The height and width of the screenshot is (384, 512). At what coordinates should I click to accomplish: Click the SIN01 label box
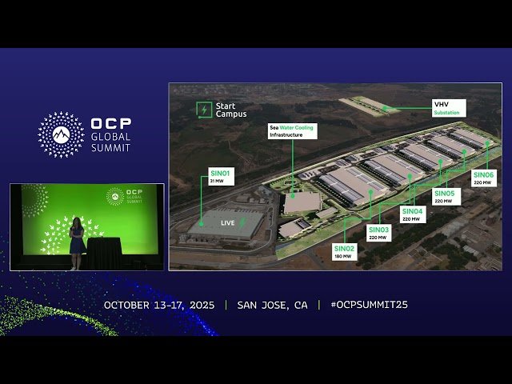220,176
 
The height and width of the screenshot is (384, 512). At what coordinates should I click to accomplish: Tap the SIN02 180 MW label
345,252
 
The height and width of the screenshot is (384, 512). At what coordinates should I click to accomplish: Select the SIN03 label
379,233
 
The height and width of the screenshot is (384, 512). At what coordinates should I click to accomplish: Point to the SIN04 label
412,214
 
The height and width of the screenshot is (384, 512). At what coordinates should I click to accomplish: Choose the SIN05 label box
445,196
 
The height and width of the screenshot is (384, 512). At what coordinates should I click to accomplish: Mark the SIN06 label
484,178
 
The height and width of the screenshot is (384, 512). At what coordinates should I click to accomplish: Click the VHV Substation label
447,108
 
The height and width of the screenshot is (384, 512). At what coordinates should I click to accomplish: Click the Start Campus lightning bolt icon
205,110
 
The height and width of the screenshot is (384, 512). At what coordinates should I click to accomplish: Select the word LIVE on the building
228,223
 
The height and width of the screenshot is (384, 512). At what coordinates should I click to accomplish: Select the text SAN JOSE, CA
272,305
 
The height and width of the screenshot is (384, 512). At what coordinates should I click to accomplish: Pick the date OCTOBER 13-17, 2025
159,305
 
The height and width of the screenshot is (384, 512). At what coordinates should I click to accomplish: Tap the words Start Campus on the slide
231,110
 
